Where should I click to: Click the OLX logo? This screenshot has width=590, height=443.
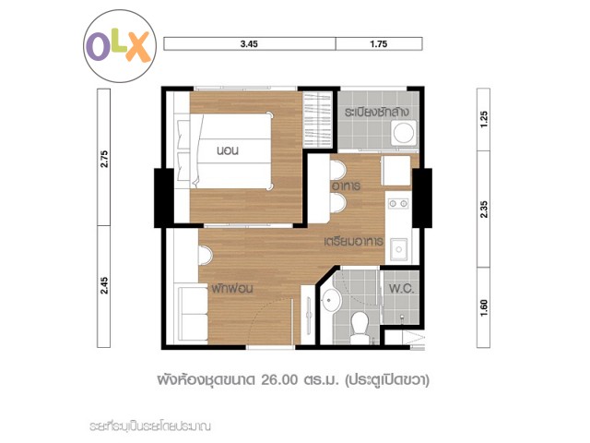pyautogui.click(x=120, y=46)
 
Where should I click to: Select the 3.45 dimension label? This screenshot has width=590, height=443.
pyautogui.click(x=249, y=44)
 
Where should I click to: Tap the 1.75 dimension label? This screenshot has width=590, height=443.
pyautogui.click(x=379, y=44)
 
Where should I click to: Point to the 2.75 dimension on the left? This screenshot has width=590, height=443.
pyautogui.click(x=104, y=159)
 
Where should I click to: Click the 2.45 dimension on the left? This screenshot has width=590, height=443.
pyautogui.click(x=104, y=285)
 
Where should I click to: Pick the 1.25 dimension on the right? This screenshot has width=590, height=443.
pyautogui.click(x=484, y=119)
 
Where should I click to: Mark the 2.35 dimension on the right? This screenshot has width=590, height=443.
pyautogui.click(x=484, y=210)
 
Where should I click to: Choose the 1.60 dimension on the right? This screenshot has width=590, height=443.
pyautogui.click(x=484, y=307)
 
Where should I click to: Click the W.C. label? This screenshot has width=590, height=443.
pyautogui.click(x=402, y=289)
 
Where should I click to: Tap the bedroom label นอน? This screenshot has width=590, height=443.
pyautogui.click(x=228, y=150)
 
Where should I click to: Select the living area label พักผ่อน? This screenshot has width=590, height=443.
pyautogui.click(x=231, y=289)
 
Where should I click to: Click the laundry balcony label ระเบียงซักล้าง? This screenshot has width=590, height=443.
pyautogui.click(x=377, y=113)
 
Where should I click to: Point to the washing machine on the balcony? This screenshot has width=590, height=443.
pyautogui.click(x=404, y=133)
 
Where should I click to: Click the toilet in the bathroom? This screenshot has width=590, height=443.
pyautogui.click(x=359, y=326)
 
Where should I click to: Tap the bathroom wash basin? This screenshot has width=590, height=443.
pyautogui.click(x=331, y=300)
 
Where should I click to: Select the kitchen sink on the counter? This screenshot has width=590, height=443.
pyautogui.click(x=398, y=249)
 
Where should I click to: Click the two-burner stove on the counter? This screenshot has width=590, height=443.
pyautogui.click(x=398, y=204)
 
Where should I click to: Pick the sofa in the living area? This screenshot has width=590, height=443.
pyautogui.click(x=193, y=315)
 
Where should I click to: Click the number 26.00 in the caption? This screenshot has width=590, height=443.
pyautogui.click(x=279, y=379)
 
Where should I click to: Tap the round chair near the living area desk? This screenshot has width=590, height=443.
pyautogui.click(x=206, y=255)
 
